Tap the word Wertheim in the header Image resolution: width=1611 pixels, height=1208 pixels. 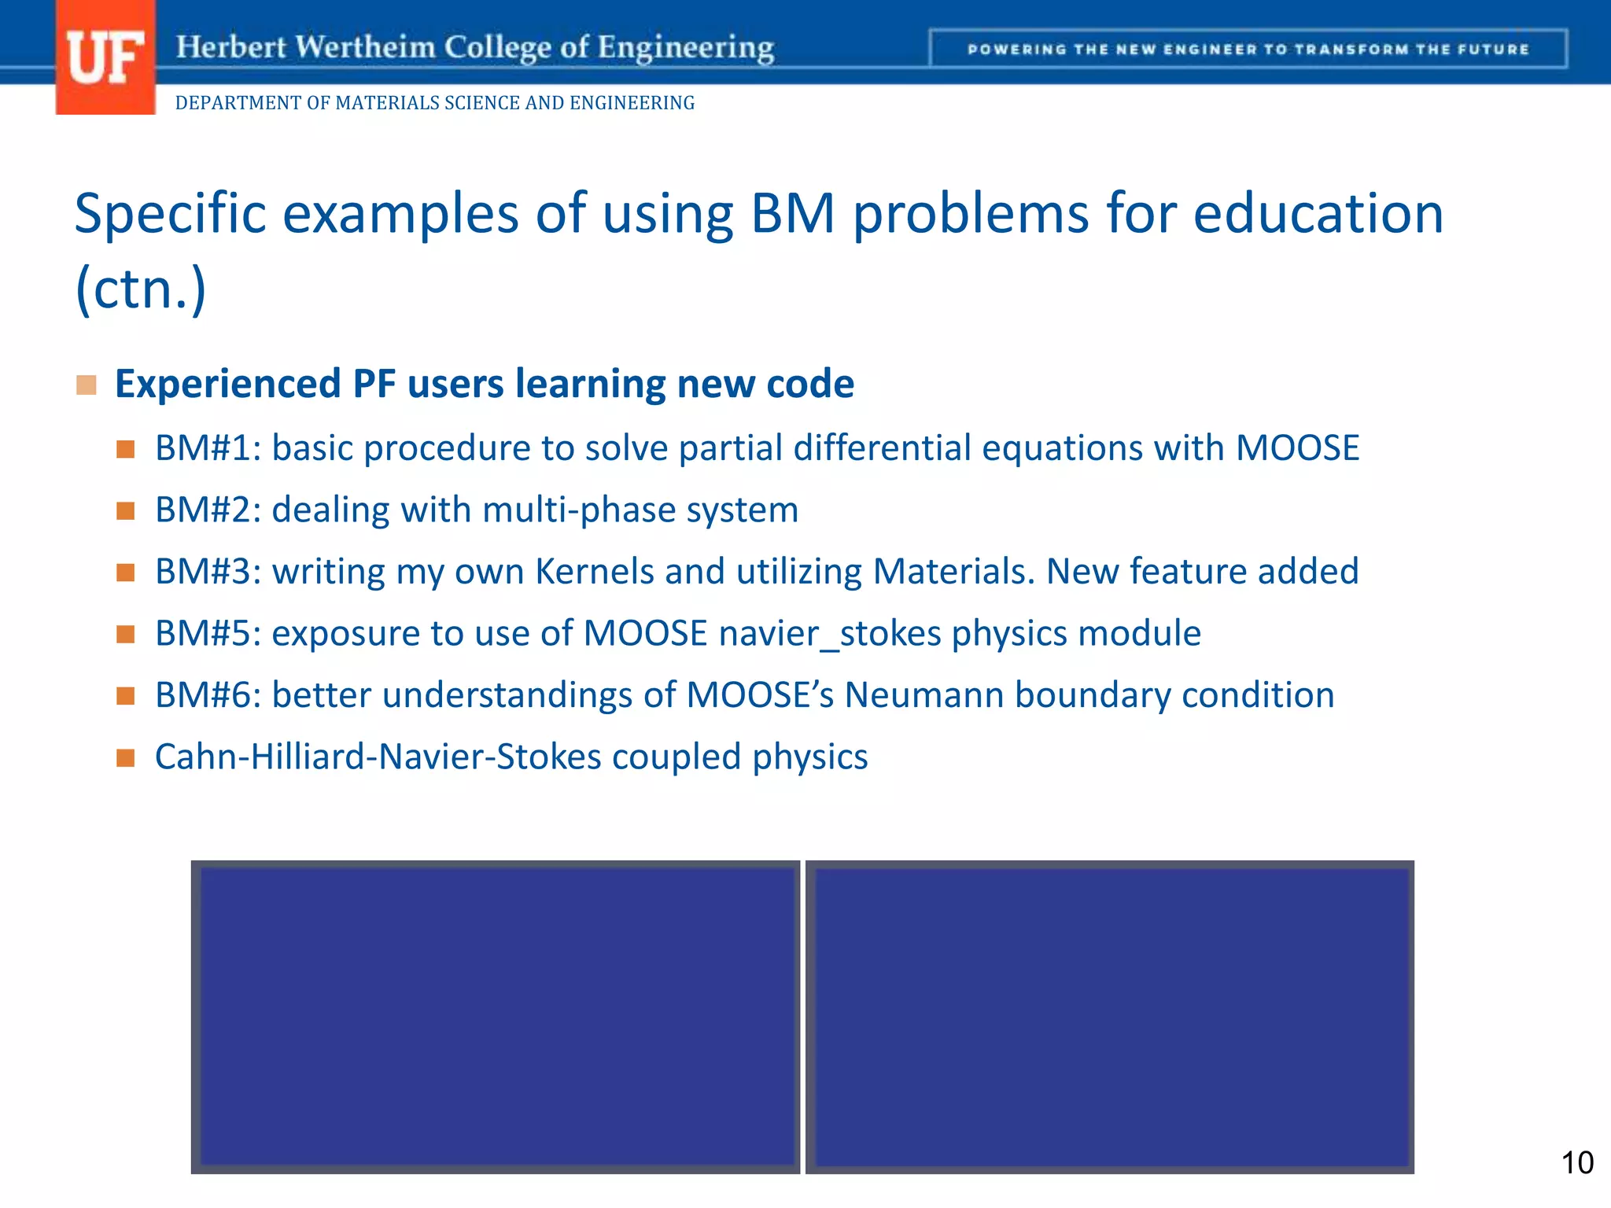point(366,47)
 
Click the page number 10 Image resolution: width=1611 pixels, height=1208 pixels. point(1576,1162)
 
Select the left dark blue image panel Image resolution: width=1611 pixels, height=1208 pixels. point(496,1017)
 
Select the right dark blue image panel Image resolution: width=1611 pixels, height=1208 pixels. point(1110,1017)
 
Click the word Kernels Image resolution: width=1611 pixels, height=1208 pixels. point(594,572)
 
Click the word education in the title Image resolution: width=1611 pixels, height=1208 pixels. point(1318,214)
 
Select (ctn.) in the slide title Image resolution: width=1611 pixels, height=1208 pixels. point(141,289)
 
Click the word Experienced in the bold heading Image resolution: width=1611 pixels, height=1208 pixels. point(227,384)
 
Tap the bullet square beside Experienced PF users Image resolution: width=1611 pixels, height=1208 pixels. point(87,385)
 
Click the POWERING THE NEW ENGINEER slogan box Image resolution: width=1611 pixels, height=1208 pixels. point(1248,49)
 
